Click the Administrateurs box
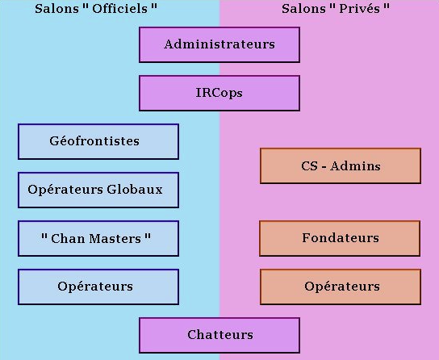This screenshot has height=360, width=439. [219, 44]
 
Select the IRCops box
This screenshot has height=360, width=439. [219, 93]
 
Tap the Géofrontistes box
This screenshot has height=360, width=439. [98, 141]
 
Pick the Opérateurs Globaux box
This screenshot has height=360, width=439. [98, 190]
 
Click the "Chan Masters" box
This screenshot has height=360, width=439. [98, 238]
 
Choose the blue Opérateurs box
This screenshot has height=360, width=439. [98, 287]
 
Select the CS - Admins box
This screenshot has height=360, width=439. [341, 165]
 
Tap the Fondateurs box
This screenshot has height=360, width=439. [340, 238]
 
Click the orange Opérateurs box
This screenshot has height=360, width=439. [341, 287]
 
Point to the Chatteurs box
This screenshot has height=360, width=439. [219, 335]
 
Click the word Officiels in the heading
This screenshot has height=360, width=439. [119, 9]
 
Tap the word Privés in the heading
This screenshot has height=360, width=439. [359, 9]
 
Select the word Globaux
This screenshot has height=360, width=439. [135, 190]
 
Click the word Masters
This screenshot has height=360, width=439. [115, 238]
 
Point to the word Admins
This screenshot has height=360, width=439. [355, 166]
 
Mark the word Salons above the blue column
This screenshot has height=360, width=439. [56, 9]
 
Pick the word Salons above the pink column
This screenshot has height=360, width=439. [303, 9]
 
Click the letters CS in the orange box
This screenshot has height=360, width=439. [309, 166]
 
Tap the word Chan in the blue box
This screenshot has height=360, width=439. [69, 238]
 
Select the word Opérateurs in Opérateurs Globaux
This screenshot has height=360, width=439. [65, 190]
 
